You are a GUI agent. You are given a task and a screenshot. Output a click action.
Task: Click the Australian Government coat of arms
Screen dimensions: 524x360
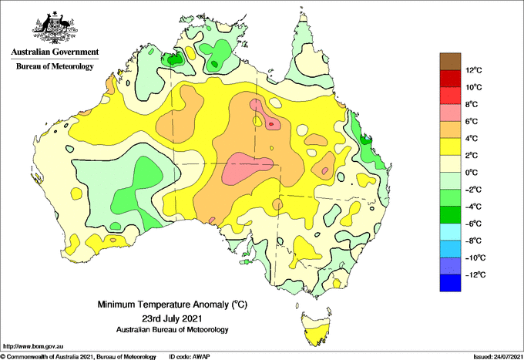[x=55, y=28]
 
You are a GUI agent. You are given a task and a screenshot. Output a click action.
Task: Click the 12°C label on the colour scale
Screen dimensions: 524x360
[x=474, y=70]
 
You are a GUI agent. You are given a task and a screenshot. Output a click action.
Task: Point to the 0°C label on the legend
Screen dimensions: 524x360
[x=472, y=173]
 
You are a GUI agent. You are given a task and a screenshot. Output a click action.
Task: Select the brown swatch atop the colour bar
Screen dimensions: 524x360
[x=450, y=62]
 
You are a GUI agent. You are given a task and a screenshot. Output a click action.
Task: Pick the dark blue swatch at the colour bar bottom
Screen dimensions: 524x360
[x=450, y=283]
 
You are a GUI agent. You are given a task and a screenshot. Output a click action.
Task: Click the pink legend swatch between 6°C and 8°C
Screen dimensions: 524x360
[x=450, y=113]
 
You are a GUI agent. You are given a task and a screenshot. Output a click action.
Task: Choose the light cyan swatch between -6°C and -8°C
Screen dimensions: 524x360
[x=450, y=232]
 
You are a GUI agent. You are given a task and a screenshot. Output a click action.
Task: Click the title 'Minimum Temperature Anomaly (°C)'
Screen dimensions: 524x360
[x=172, y=304]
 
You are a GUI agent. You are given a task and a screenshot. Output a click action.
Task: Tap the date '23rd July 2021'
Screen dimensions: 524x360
[x=172, y=318]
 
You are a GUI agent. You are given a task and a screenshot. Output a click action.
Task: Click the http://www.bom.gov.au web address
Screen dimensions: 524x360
[x=32, y=347]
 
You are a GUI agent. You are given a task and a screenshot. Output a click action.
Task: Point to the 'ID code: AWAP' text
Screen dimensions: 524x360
[x=190, y=357]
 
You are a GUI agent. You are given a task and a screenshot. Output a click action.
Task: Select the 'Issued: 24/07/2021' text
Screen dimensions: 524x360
[x=498, y=357]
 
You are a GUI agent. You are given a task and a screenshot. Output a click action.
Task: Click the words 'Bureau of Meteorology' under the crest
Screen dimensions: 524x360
[x=55, y=66]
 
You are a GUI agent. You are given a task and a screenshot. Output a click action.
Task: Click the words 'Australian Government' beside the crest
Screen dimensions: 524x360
[x=55, y=52]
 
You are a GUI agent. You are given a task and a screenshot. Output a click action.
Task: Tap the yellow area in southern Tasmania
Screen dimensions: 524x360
[x=317, y=335]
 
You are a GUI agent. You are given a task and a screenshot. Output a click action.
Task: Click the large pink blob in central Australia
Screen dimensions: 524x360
[x=246, y=168]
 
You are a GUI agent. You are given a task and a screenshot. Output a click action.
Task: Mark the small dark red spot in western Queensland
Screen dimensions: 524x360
[x=271, y=124]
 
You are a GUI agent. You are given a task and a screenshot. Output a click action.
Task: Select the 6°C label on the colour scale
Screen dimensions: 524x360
[x=472, y=121]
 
